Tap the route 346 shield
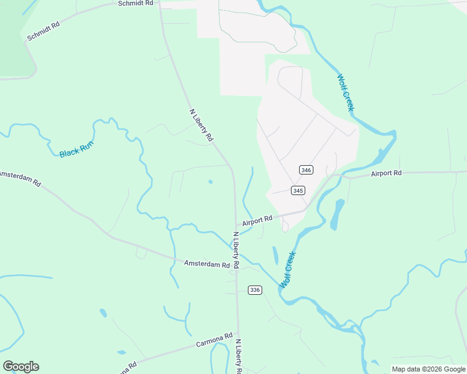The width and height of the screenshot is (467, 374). click(x=306, y=170)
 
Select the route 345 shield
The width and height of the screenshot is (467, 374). click(x=297, y=190)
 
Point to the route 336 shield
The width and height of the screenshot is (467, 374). click(x=254, y=290)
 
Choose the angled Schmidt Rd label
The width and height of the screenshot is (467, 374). click(x=43, y=31)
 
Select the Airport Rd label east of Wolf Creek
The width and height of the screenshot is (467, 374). click(x=386, y=173)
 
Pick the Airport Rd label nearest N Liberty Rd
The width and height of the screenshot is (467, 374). click(x=258, y=219)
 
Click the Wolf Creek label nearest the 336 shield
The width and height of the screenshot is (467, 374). click(x=287, y=269)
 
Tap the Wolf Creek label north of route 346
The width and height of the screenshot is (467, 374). click(x=345, y=93)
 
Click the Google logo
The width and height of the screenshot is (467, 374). click(x=21, y=367)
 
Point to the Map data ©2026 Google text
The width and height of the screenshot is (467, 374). click(x=428, y=369)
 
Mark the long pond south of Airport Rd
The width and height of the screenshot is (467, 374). click(x=339, y=214)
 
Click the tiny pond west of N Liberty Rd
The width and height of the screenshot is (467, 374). click(x=210, y=182)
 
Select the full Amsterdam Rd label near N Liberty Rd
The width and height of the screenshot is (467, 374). click(x=208, y=264)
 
